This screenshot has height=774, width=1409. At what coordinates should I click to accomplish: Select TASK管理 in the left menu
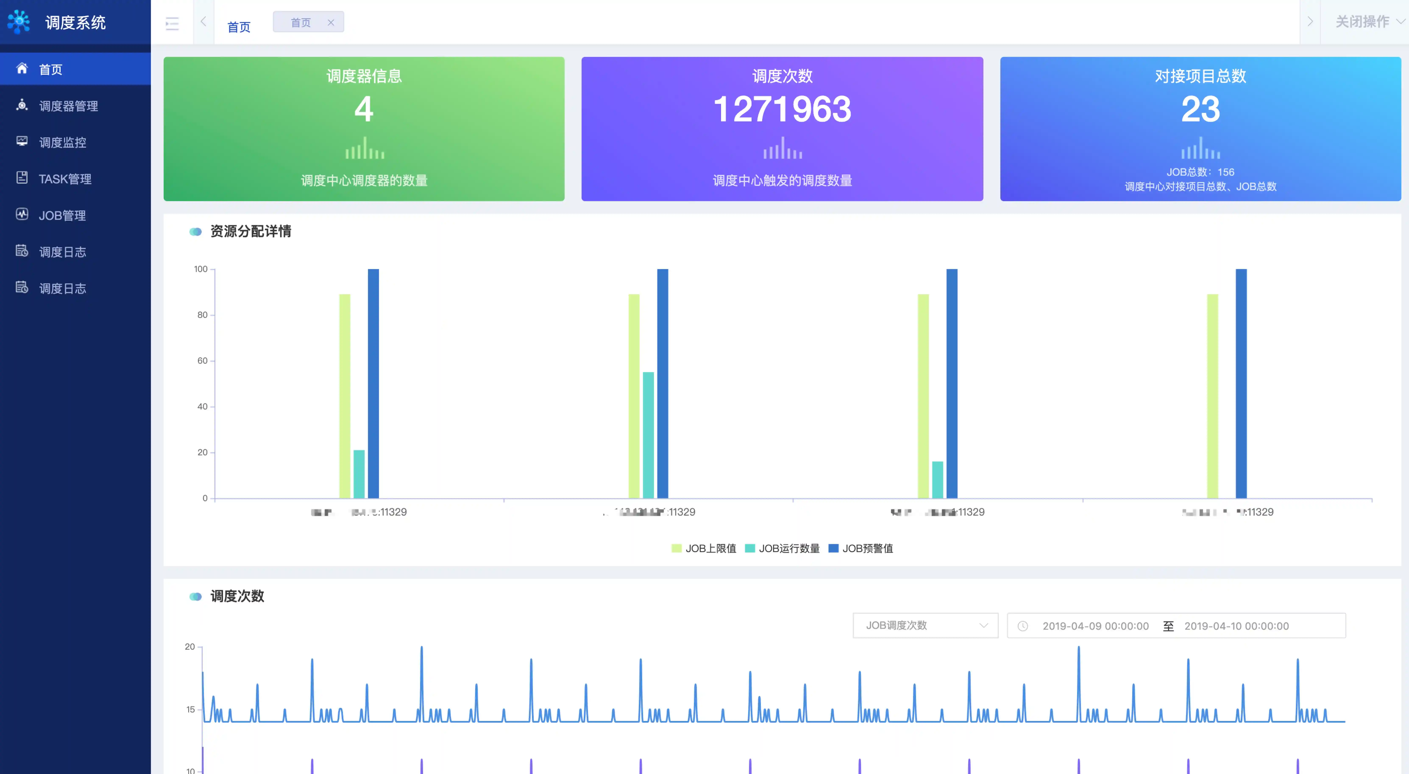pos(65,179)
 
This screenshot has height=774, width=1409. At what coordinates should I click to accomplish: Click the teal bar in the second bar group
pos(648,435)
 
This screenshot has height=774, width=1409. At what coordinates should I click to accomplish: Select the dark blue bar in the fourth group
pos(1241,383)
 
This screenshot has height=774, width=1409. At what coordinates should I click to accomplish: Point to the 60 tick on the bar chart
pos(202,361)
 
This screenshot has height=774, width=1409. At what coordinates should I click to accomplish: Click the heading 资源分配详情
pos(251,231)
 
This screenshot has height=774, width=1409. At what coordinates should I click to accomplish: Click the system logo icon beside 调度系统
pos(19,22)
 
